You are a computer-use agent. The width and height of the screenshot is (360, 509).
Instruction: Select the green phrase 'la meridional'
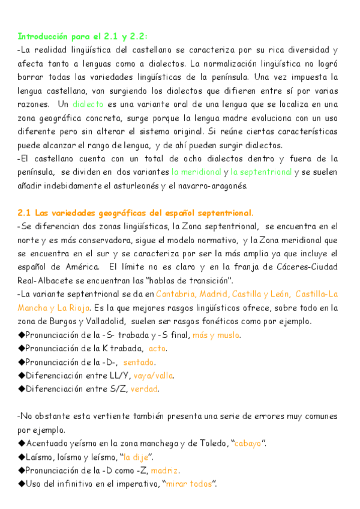click(x=196, y=172)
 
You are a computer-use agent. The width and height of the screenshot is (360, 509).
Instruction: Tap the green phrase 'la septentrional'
click(x=262, y=172)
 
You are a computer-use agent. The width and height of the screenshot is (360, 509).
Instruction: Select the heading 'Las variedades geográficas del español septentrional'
click(x=144, y=212)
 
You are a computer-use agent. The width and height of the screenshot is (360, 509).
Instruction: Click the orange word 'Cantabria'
click(x=176, y=294)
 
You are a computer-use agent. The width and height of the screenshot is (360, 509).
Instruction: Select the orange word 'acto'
click(x=157, y=348)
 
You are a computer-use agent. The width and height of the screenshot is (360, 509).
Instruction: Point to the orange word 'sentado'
click(x=139, y=362)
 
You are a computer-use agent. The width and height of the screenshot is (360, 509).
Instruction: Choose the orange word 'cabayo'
click(x=247, y=443)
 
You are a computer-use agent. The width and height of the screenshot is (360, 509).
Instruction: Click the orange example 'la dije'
click(x=136, y=457)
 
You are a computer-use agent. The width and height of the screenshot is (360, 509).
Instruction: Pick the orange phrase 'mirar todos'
click(x=189, y=484)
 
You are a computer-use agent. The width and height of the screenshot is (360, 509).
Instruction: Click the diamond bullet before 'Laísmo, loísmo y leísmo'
click(x=22, y=457)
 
